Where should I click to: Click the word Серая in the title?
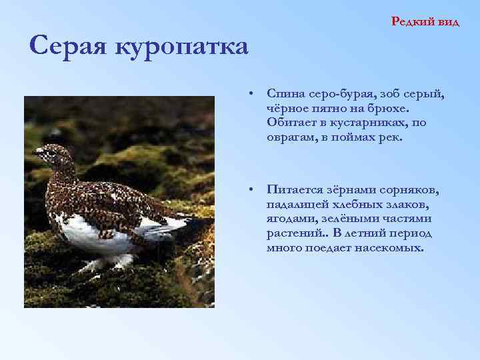pyautogui.click(x=69, y=47)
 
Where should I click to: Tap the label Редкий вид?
pyautogui.click(x=425, y=21)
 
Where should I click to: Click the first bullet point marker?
pyautogui.click(x=247, y=92)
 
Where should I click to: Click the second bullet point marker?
pyautogui.click(x=247, y=190)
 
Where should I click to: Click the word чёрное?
pyautogui.click(x=288, y=107)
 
